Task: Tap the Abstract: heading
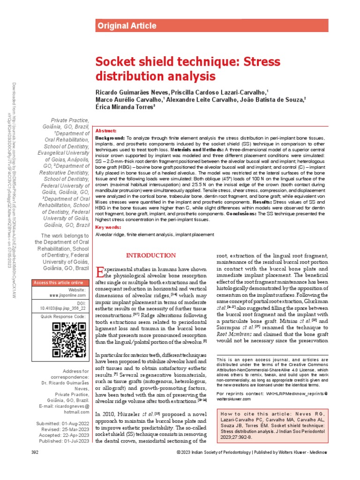click(105, 131)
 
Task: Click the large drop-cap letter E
click(99, 272)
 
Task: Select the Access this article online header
click(58, 283)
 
